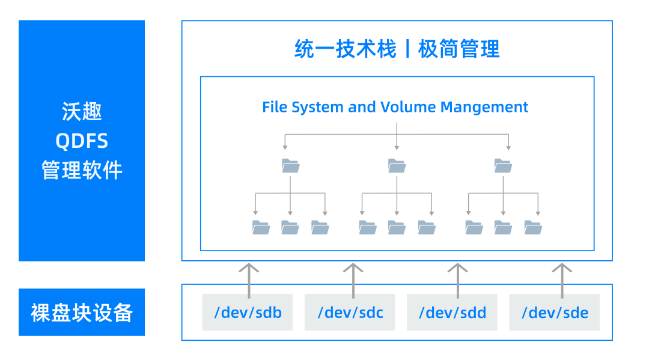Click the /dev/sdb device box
(247, 313)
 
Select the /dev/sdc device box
(350, 313)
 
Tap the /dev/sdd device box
(452, 313)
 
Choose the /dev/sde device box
(554, 313)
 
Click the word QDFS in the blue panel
(82, 141)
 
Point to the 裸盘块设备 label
(82, 313)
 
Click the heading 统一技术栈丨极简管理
(397, 49)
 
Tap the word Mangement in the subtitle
(484, 107)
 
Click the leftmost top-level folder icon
(290, 165)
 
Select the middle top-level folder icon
(397, 165)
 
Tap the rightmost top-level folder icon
(503, 165)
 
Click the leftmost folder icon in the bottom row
(261, 227)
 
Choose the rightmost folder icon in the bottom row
(533, 227)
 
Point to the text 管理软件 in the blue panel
(82, 170)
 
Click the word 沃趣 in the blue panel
(82, 112)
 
